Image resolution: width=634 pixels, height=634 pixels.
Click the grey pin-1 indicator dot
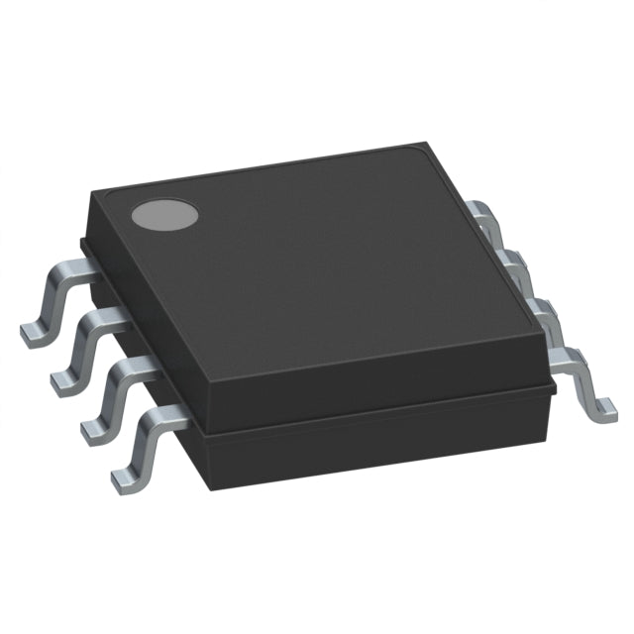tap(165, 214)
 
